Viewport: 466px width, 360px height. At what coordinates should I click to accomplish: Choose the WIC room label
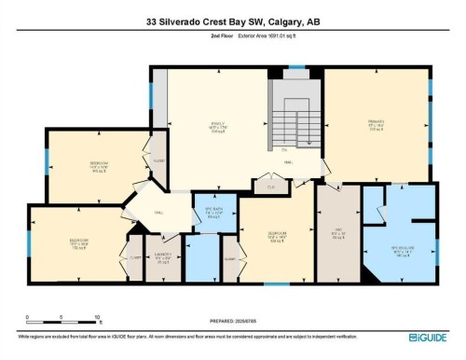[338, 233]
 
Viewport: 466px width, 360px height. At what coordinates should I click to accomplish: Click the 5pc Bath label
[212, 212]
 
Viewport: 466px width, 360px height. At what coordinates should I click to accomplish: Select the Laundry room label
[162, 255]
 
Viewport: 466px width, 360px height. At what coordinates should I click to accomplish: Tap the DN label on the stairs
[284, 149]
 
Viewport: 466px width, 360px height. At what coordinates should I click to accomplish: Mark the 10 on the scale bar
[96, 317]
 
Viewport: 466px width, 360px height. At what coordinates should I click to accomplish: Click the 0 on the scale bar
[28, 317]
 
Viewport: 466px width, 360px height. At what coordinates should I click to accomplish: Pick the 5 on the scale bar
[62, 317]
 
